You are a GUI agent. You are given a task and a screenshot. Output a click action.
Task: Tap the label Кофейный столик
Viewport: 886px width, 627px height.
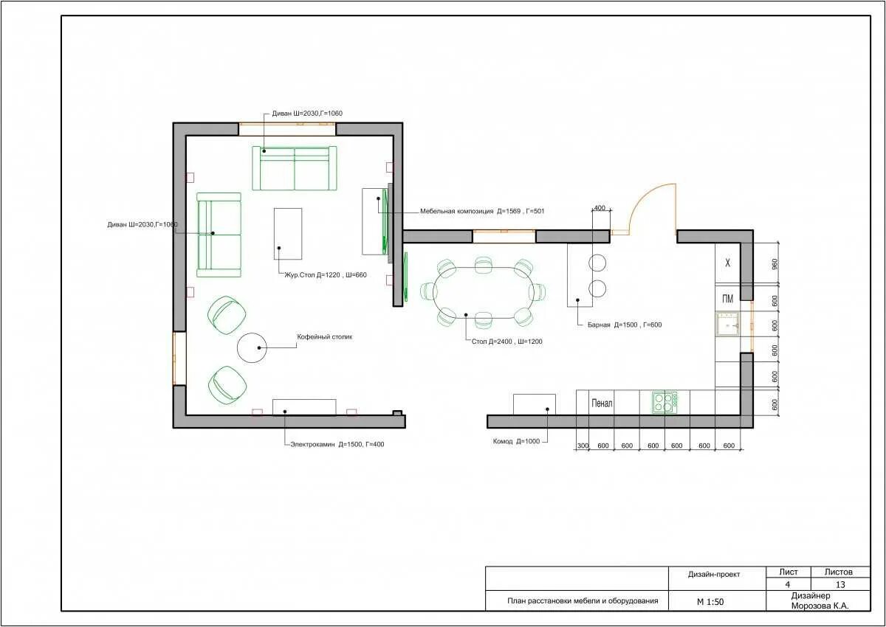[x=324, y=337]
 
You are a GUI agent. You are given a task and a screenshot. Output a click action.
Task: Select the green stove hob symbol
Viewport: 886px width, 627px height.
[x=664, y=402]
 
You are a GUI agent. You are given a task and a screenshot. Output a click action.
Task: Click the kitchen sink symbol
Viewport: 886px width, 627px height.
[x=727, y=325]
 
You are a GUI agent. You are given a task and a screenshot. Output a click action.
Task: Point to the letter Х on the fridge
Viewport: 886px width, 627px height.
[x=727, y=263]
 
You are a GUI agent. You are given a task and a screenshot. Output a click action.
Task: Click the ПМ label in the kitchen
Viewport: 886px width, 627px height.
[x=727, y=299]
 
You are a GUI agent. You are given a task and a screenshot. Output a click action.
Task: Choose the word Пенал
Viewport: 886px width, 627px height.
[x=602, y=403]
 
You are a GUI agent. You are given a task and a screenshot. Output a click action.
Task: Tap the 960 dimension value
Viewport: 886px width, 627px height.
[x=775, y=264]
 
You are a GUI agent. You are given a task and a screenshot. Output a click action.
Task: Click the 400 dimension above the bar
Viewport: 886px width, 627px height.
[x=600, y=208]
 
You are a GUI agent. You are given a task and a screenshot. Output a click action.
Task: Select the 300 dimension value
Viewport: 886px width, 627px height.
[x=583, y=446]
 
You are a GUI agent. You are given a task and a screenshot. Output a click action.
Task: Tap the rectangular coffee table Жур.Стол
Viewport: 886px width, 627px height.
[x=288, y=234]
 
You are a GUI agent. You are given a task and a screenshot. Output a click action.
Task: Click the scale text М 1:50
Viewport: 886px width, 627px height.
[x=710, y=602]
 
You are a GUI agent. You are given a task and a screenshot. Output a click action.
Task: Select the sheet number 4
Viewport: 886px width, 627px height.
[x=788, y=584]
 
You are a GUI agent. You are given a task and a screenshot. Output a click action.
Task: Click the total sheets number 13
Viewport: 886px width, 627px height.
[x=840, y=584]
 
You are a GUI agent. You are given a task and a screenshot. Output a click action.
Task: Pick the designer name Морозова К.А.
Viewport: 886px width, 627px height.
[x=820, y=606]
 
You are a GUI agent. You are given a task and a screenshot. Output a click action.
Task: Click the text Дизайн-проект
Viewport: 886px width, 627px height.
[x=713, y=575]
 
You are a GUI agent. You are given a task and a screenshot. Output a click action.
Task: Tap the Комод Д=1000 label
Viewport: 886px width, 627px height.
[x=516, y=441]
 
